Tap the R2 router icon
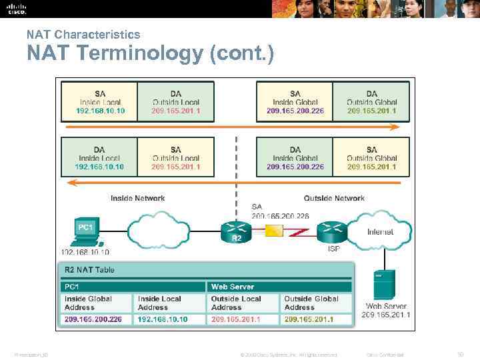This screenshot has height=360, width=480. [x=236, y=231]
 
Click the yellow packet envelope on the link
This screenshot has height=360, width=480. [x=274, y=231]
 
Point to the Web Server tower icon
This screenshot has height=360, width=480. [x=384, y=285]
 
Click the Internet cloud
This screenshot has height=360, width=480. [x=379, y=229]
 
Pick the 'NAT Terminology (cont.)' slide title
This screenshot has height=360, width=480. [x=150, y=53]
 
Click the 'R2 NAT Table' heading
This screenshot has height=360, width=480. [x=89, y=269]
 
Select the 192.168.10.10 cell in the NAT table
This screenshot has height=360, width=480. [x=163, y=319]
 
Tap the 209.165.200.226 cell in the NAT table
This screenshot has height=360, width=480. [x=93, y=319]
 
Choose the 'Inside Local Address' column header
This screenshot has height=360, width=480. [x=163, y=303]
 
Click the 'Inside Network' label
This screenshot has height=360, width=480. [x=137, y=198]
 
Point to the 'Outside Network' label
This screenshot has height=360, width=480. [x=334, y=198]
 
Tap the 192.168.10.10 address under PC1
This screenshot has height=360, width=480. [x=85, y=252]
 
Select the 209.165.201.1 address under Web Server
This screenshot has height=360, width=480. [x=386, y=315]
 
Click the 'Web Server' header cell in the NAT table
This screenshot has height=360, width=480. [x=232, y=287]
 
